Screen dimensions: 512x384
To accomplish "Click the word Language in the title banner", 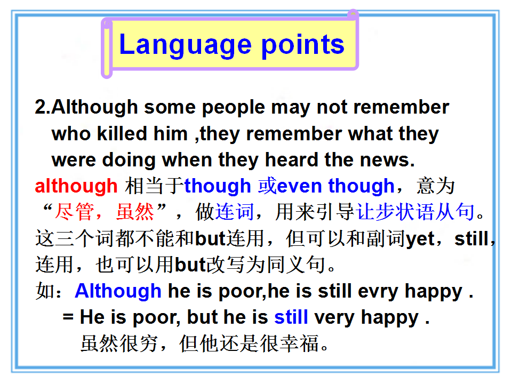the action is (186, 45).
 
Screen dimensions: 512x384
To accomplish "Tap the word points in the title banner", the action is (303, 45).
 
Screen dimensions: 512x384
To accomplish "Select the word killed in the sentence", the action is (122, 133).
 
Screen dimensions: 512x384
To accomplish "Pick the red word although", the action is (76, 187).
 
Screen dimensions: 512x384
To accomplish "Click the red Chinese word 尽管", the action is (75, 212).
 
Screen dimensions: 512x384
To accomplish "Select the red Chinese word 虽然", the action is (135, 212).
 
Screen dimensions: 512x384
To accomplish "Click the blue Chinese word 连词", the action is (235, 212).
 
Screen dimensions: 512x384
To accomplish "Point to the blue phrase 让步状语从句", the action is (415, 212).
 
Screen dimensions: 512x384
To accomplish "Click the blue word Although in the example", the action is (118, 291).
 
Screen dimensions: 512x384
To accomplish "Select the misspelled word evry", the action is (378, 292).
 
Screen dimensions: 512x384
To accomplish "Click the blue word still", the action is (291, 317).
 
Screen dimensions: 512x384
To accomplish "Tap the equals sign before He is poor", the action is (68, 317).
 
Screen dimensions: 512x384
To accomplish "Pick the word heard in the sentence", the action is (291, 159).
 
